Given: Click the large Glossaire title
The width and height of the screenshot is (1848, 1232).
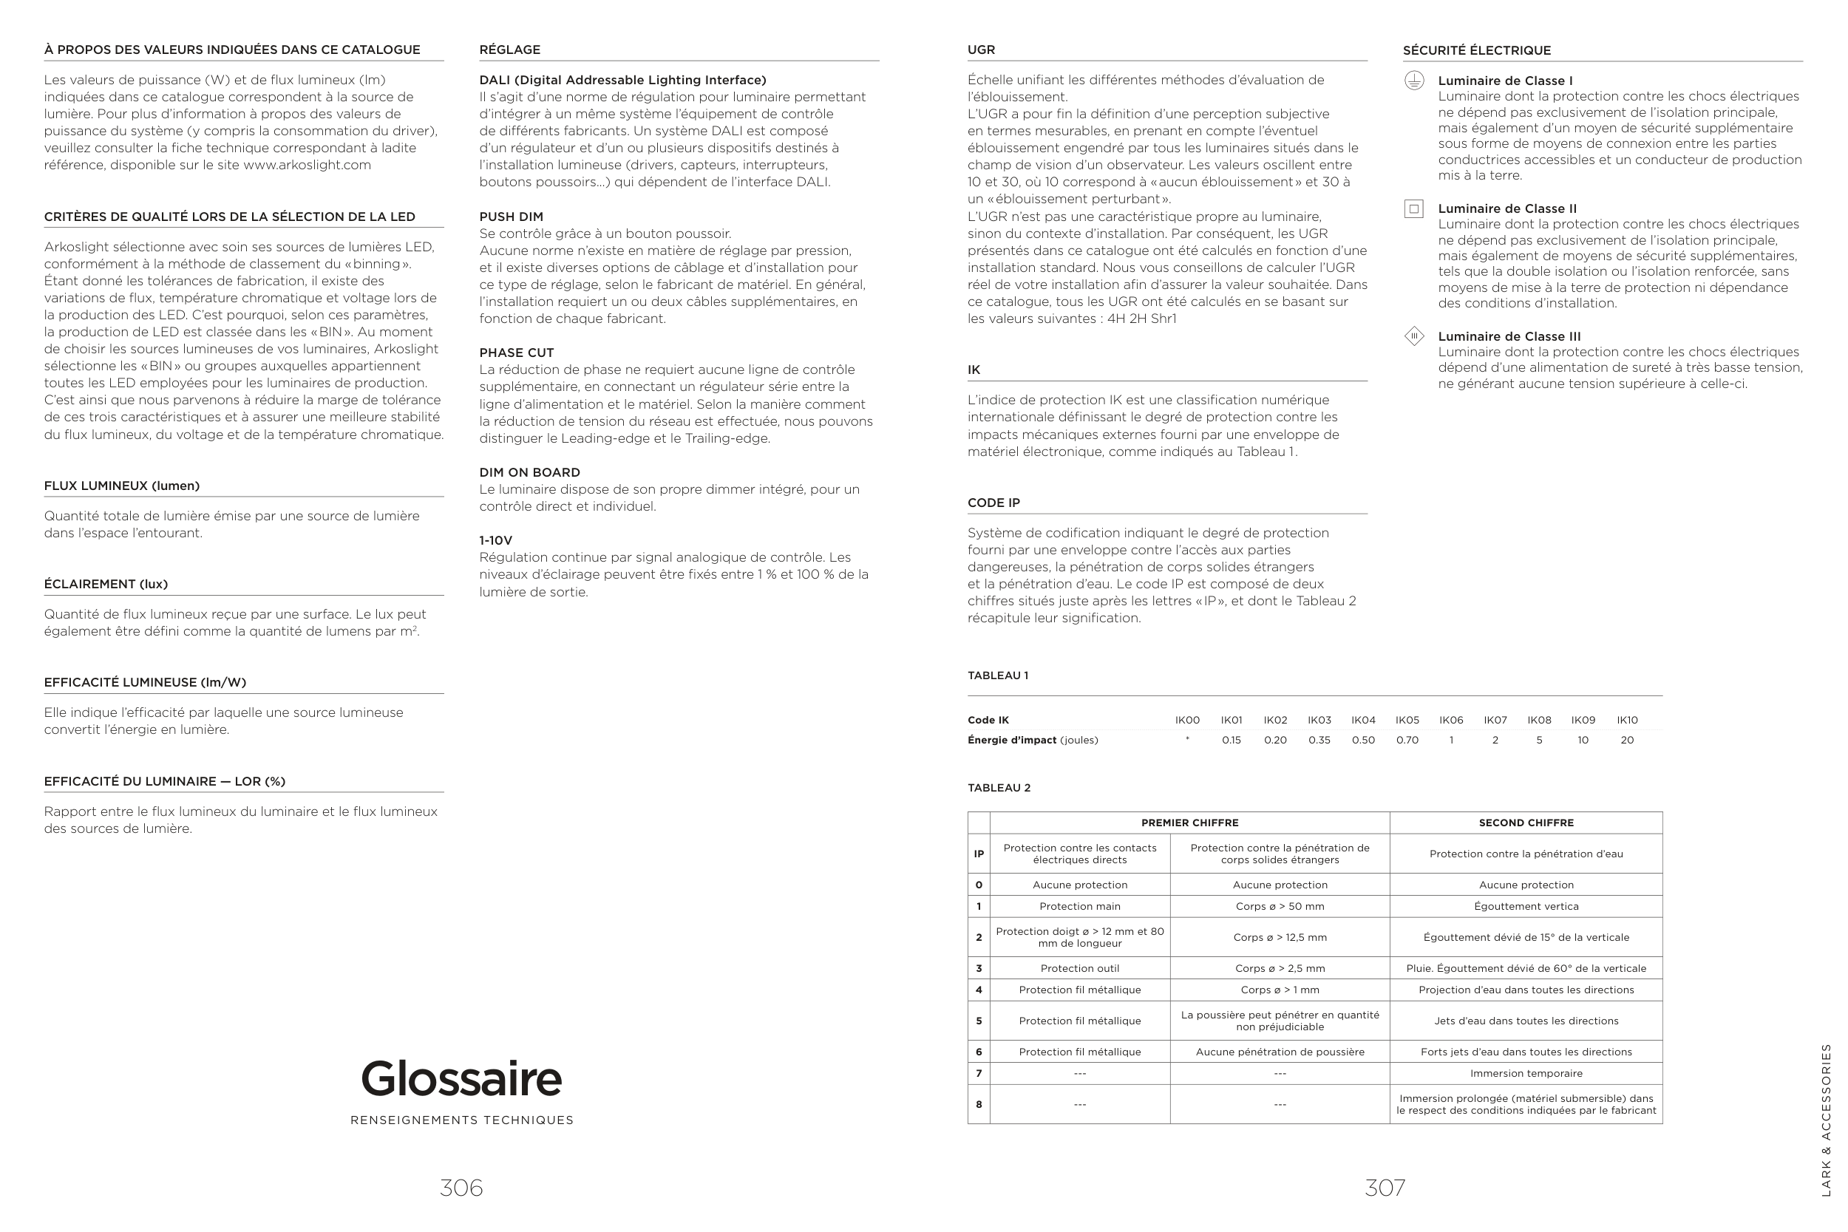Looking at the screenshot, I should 461,1078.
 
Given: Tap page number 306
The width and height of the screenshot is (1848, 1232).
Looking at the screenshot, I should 461,1187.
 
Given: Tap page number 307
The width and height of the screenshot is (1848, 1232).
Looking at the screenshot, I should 1385,1187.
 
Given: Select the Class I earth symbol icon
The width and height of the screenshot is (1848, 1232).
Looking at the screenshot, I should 1413,81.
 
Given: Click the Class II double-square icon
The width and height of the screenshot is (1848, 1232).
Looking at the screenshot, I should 1413,209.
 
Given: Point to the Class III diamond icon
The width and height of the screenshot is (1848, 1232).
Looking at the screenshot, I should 1413,336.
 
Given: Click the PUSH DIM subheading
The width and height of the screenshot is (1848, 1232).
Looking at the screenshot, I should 511,217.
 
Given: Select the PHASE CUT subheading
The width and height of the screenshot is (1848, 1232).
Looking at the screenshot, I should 516,353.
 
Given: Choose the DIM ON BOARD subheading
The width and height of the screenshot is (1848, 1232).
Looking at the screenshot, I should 529,472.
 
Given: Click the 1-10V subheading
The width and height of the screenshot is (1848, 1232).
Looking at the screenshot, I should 496,540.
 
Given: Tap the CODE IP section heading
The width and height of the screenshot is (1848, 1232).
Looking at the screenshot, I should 993,503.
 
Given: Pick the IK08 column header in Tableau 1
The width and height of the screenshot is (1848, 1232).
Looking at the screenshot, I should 1538,720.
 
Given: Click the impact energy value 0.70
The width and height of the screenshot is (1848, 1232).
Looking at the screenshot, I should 1407,740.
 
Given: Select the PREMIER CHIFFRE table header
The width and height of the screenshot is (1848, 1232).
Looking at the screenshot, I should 1189,823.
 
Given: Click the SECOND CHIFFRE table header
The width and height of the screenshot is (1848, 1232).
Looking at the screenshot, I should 1526,823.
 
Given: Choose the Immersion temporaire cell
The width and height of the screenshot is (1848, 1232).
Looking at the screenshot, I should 1526,1073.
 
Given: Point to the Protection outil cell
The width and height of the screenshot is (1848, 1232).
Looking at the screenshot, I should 1079,969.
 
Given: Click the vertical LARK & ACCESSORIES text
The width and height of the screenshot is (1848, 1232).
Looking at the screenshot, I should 1826,1120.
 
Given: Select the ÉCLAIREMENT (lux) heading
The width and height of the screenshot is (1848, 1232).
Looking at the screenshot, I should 106,584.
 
